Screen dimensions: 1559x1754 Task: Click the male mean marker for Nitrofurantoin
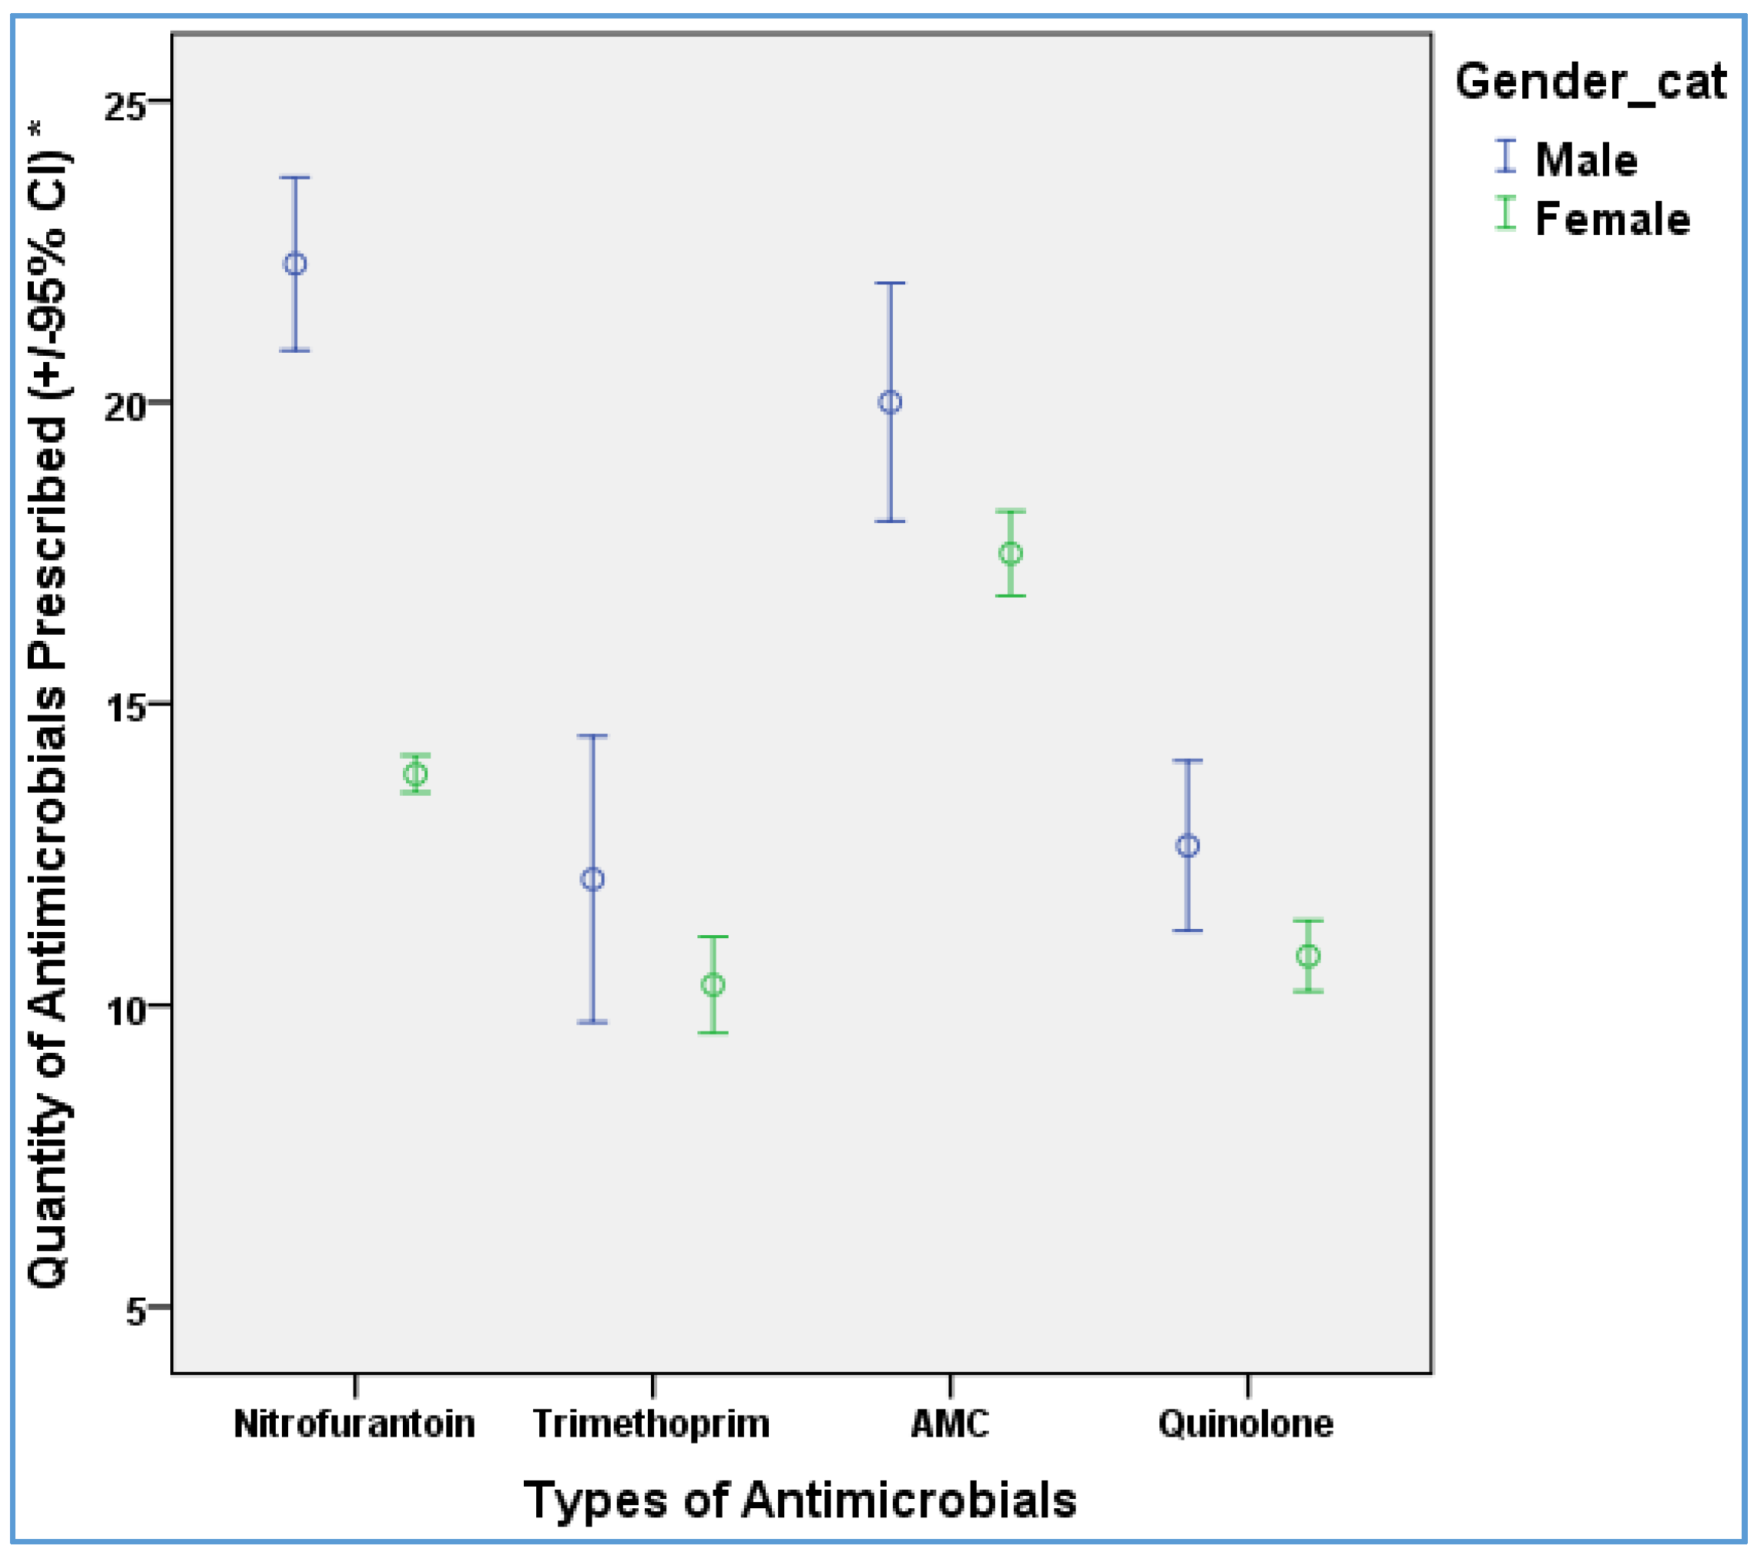(x=294, y=264)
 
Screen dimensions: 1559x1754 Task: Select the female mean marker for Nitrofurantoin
(x=415, y=774)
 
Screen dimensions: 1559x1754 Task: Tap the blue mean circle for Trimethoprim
(x=592, y=880)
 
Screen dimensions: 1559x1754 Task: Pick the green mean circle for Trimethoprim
(x=713, y=985)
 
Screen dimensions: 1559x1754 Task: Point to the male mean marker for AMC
(x=890, y=402)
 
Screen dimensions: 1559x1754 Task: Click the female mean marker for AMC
(x=1011, y=553)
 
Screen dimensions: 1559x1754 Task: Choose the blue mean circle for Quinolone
(x=1188, y=846)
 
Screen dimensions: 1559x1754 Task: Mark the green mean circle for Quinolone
(x=1309, y=956)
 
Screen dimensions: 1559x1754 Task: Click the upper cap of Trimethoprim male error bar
(x=592, y=736)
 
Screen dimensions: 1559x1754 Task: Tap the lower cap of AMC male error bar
(x=890, y=521)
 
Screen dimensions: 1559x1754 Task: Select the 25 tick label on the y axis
(x=126, y=106)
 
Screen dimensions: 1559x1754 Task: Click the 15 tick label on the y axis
(x=126, y=709)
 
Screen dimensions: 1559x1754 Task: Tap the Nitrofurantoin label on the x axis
(x=354, y=1424)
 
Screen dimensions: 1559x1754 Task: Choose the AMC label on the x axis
(x=949, y=1424)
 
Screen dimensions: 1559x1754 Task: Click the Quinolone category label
(x=1246, y=1424)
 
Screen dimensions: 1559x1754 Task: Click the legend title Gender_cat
(x=1590, y=83)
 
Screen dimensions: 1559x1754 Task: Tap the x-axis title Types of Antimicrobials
(x=800, y=1500)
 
